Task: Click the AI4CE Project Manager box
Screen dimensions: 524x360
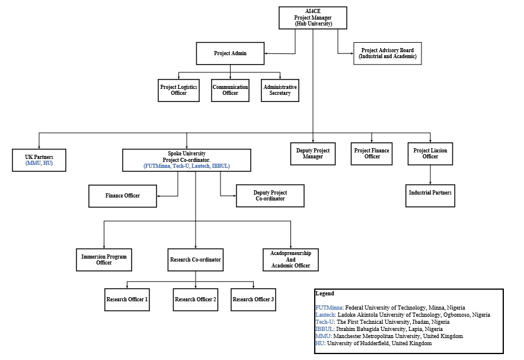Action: [313, 18]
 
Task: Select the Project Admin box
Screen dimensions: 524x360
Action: [230, 53]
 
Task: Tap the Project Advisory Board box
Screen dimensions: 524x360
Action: [388, 53]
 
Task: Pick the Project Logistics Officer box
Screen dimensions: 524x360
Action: [179, 90]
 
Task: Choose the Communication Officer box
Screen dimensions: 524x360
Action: [230, 90]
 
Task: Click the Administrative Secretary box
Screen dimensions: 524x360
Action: [280, 90]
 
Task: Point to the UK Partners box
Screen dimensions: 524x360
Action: [39, 160]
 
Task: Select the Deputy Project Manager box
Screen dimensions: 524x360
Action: [313, 154]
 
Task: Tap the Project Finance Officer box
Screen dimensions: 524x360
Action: [372, 154]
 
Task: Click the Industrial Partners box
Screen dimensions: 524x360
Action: [430, 196]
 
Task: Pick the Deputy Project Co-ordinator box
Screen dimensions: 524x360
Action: [270, 196]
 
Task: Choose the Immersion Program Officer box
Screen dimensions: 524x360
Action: [104, 260]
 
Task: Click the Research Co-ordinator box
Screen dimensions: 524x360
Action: [196, 260]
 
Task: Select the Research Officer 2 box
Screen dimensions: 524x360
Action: [196, 300]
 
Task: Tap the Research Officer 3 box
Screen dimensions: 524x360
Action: [253, 300]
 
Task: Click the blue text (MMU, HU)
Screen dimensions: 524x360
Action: [39, 163]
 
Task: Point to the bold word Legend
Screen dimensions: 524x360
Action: [325, 294]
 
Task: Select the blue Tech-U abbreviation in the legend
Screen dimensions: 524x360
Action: [324, 322]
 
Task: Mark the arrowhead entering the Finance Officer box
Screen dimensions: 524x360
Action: [158, 196]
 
